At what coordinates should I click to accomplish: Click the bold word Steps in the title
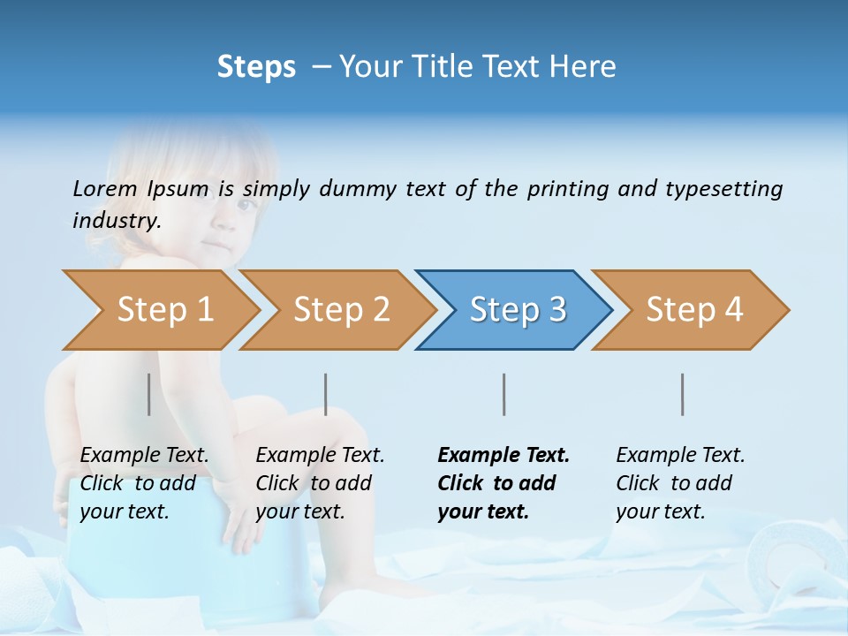256,67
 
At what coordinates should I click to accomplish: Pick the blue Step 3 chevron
518,310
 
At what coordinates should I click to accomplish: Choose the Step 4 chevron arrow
694,310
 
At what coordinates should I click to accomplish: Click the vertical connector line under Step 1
149,394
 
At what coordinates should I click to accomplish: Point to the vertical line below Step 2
326,394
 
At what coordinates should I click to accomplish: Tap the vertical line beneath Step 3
504,394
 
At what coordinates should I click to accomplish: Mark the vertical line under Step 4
683,394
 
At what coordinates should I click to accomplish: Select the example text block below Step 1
145,483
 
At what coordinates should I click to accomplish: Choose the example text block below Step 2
320,483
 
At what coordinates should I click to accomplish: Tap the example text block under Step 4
680,483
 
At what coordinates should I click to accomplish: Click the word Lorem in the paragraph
105,189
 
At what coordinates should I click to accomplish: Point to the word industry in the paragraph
117,221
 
